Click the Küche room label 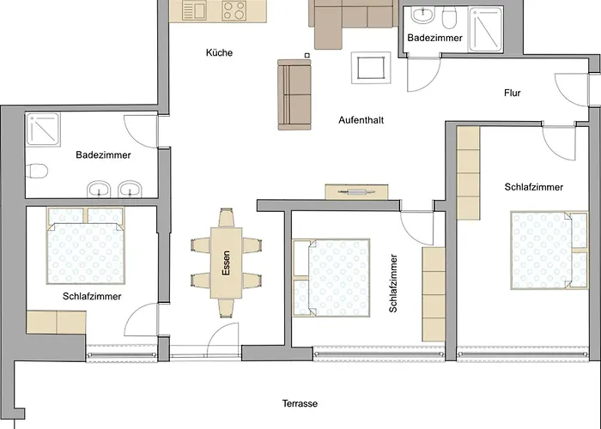[219, 52]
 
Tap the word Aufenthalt [361, 120]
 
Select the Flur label [512, 93]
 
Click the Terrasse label [300, 403]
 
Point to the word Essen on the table [226, 263]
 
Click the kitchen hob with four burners [234, 10]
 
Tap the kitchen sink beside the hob [194, 10]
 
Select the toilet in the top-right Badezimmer [449, 18]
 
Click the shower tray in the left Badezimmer [43, 129]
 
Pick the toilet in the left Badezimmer [37, 171]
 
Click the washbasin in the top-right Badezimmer [423, 15]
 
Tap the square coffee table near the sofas [371, 68]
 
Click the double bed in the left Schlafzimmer [86, 245]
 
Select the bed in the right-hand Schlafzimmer [549, 250]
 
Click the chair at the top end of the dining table [226, 218]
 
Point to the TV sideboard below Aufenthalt [356, 192]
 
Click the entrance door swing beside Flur [571, 89]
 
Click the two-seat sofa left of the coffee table [294, 94]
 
